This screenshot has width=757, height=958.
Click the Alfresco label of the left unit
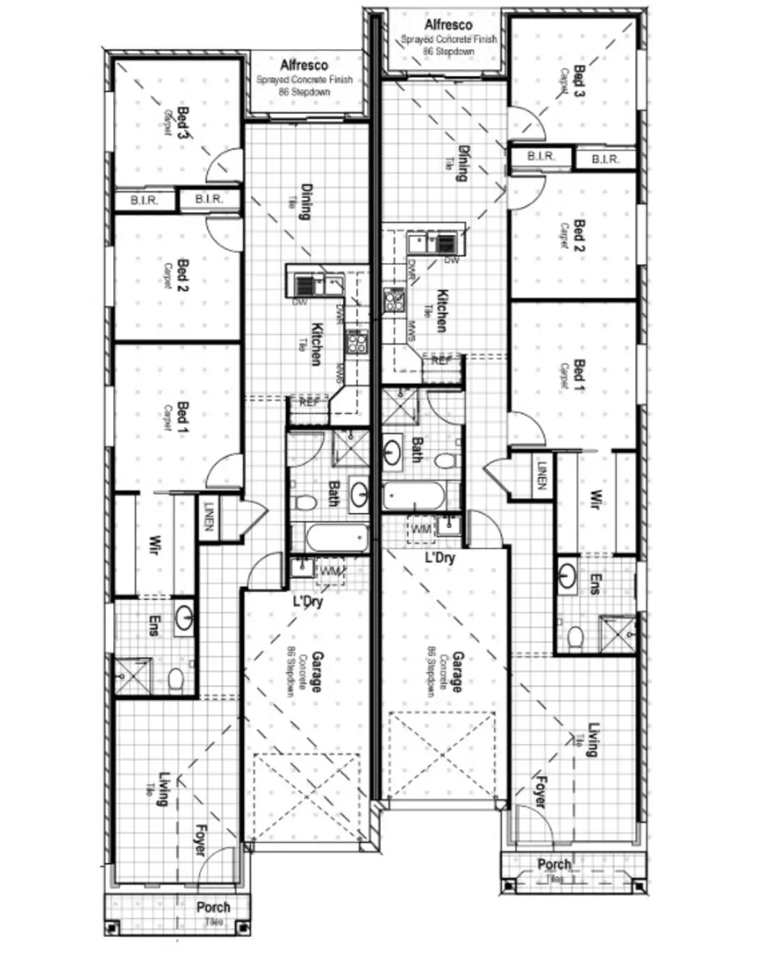pyautogui.click(x=304, y=65)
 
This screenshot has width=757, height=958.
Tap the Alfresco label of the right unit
pyautogui.click(x=448, y=25)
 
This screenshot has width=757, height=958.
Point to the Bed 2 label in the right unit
pyautogui.click(x=579, y=235)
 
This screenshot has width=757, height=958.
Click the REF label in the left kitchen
pyautogui.click(x=310, y=402)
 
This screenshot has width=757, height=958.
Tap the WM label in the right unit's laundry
pyautogui.click(x=421, y=529)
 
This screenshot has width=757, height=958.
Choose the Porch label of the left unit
pyautogui.click(x=213, y=907)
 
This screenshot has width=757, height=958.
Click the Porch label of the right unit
pyautogui.click(x=553, y=864)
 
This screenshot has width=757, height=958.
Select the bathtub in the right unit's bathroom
pyautogui.click(x=414, y=496)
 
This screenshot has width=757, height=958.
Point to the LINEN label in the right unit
pyautogui.click(x=542, y=476)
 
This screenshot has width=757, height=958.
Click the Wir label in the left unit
pyautogui.click(x=154, y=544)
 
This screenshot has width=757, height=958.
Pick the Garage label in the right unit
pyautogui.click(x=458, y=671)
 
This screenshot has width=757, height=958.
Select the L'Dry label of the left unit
pyautogui.click(x=308, y=601)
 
